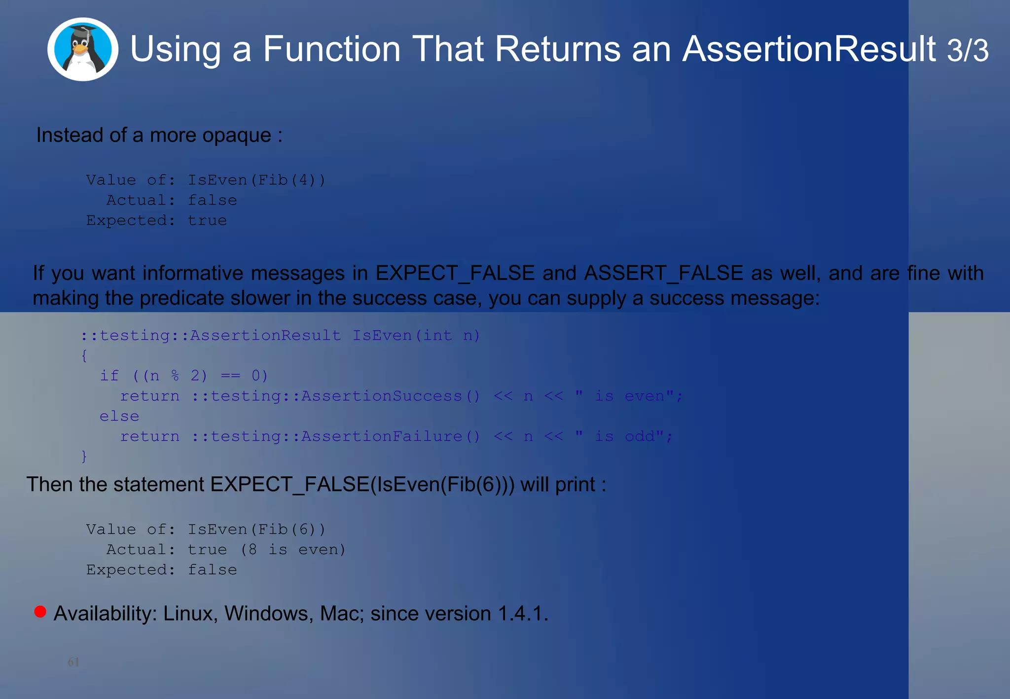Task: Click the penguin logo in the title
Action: (83, 49)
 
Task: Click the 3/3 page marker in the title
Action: (967, 50)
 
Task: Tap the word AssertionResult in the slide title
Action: (809, 49)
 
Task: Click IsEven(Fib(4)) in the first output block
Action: (256, 180)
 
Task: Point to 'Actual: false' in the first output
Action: (172, 200)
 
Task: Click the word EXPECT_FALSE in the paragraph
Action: (455, 273)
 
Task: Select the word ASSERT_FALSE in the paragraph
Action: (663, 273)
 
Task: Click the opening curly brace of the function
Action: (84, 355)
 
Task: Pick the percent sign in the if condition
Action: (175, 376)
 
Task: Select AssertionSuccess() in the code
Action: (391, 396)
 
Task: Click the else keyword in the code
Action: (119, 416)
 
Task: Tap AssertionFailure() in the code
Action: (391, 436)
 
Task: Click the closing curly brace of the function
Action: (84, 456)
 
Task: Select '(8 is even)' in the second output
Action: (293, 549)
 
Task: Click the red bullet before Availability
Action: (40, 612)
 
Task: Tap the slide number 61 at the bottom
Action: (73, 662)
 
